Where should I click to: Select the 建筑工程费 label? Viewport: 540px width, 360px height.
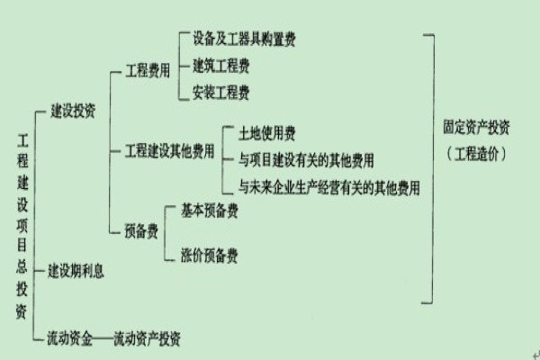click(221, 66)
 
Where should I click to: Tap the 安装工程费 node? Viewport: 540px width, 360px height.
click(221, 92)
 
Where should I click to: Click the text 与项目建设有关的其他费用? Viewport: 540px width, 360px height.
click(306, 161)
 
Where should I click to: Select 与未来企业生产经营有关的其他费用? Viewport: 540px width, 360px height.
click(329, 188)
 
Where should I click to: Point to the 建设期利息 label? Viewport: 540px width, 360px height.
click(76, 270)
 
